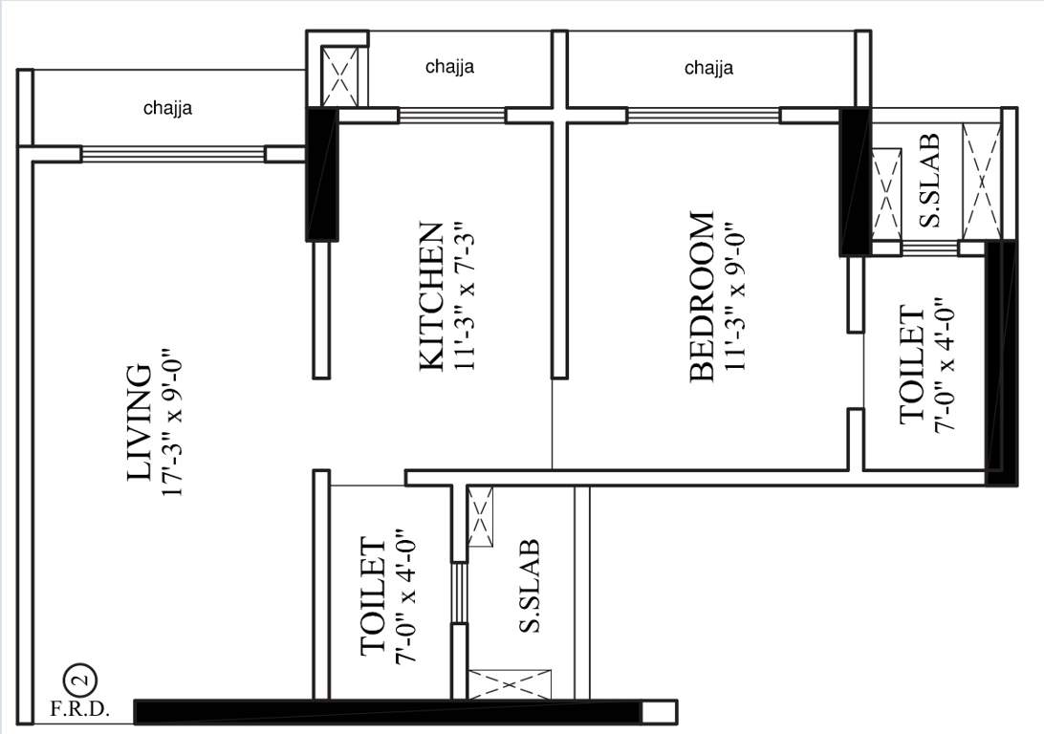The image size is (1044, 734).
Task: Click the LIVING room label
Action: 140,421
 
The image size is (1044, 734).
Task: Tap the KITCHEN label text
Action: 431,295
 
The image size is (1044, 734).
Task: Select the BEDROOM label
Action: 702,296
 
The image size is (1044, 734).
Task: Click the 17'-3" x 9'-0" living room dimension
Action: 172,423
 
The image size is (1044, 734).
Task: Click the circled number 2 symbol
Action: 80,681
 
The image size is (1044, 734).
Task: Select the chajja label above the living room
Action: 168,108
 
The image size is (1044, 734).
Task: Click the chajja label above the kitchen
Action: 450,67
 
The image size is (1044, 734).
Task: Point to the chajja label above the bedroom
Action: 709,68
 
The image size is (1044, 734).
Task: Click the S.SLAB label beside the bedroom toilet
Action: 929,181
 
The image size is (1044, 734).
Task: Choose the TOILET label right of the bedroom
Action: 913,365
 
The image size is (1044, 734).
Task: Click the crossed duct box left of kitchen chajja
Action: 342,76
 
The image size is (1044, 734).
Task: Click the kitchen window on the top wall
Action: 451,116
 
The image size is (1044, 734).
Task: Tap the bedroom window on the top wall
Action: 704,116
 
